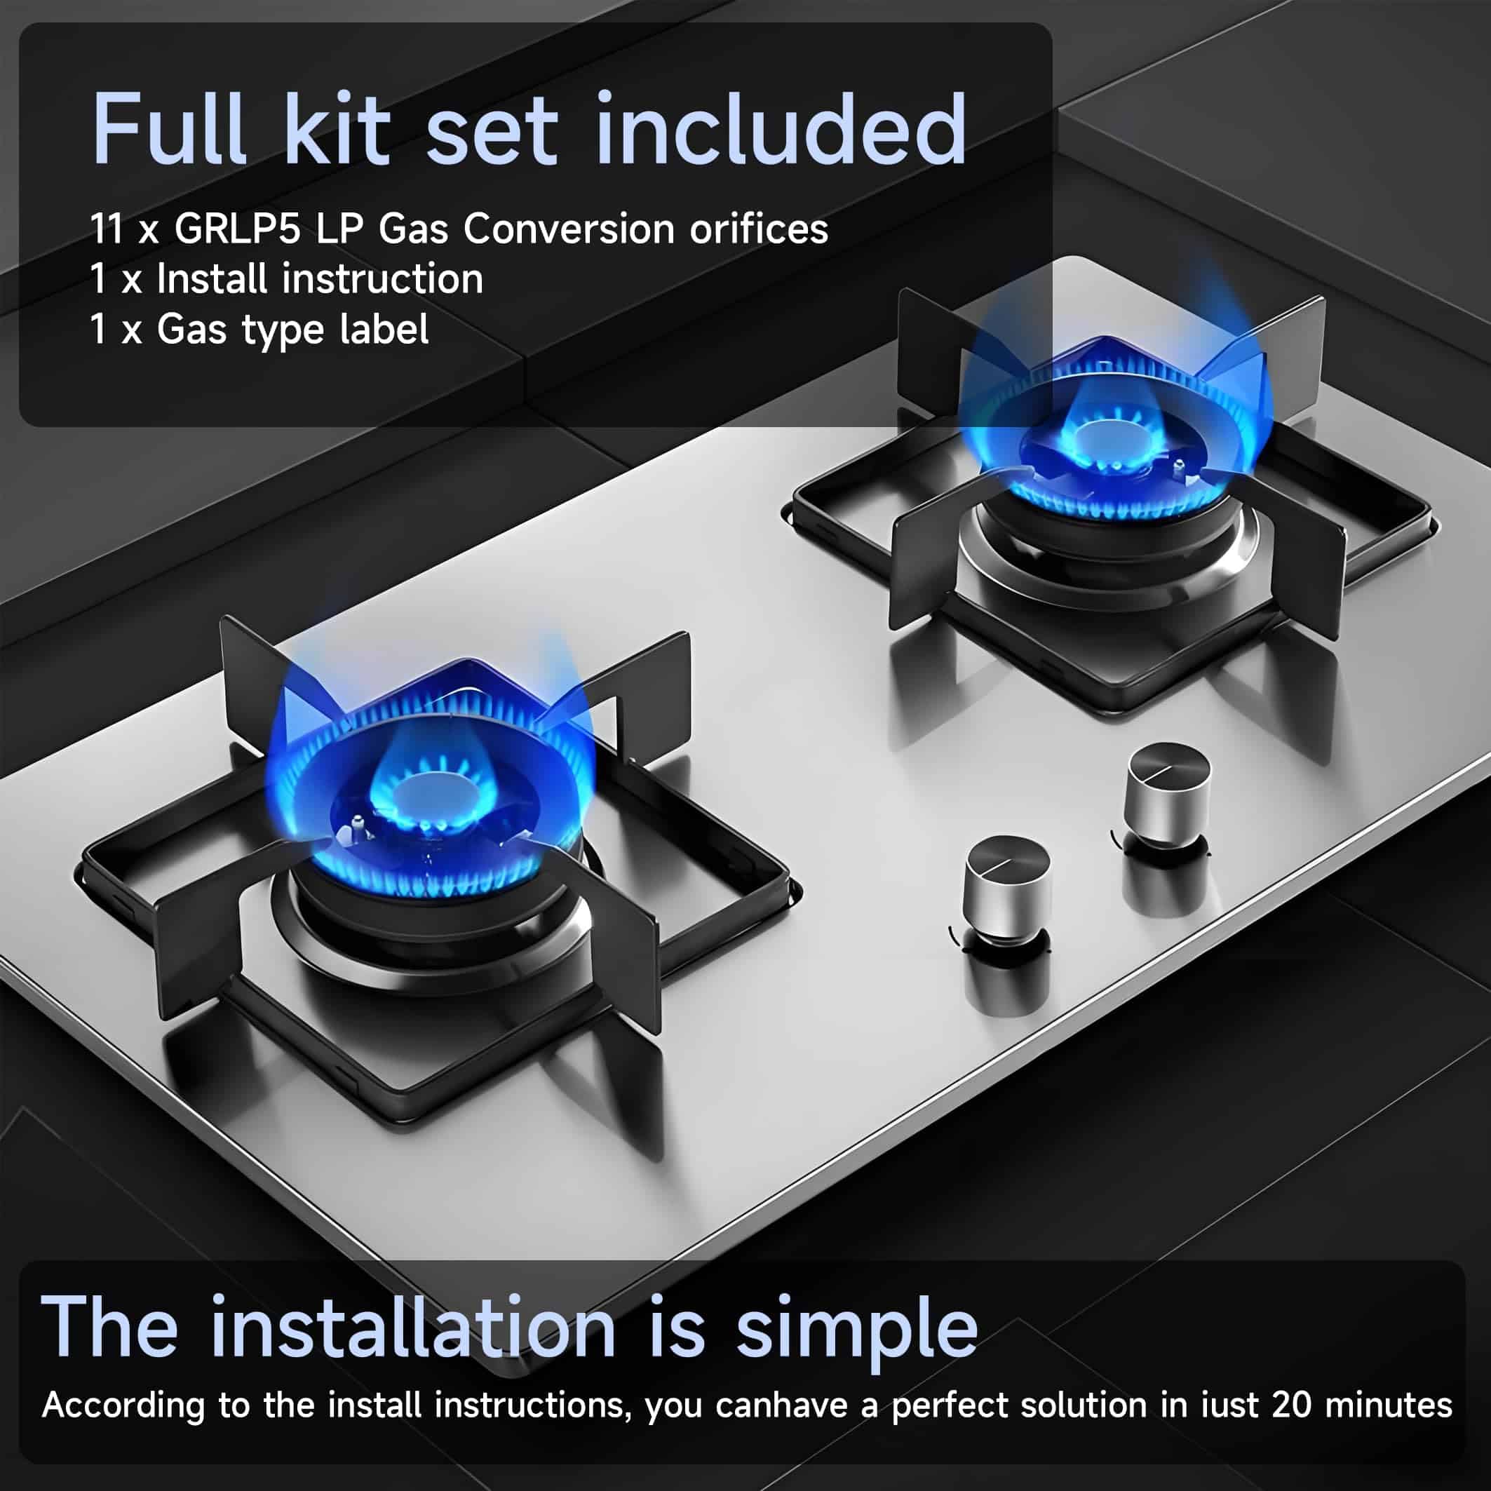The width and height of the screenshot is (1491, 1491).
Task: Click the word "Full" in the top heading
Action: click(169, 129)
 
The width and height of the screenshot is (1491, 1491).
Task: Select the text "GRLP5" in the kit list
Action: click(237, 229)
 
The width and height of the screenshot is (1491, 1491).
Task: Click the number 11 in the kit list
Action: click(107, 229)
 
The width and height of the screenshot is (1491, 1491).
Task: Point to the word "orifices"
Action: click(759, 229)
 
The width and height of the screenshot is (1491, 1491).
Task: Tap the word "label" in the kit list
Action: click(384, 329)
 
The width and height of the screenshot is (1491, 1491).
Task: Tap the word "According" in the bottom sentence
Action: click(123, 1406)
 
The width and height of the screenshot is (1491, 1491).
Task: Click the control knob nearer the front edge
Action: click(1007, 887)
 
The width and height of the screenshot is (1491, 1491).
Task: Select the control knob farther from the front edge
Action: click(1168, 795)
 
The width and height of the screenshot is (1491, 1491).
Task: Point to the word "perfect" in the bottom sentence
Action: click(950, 1406)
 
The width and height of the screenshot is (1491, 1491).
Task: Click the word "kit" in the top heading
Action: click(338, 129)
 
